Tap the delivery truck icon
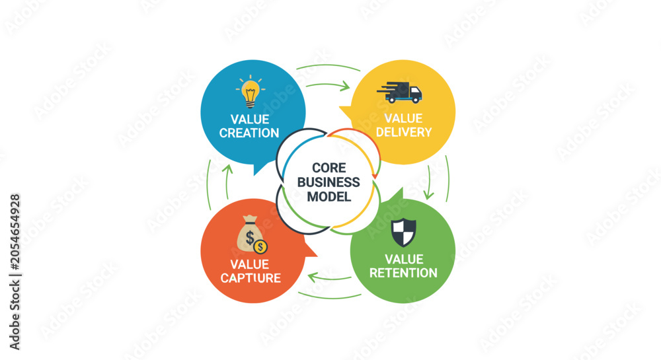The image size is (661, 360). coord(400,92)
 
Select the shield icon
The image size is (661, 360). coord(403,232)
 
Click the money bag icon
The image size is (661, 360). coord(252,234)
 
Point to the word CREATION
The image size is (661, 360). coord(249,133)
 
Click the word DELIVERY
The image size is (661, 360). coord(404,132)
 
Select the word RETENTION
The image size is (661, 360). coord(403,273)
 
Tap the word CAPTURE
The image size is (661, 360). coord(251,278)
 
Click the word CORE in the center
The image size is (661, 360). coord(329,168)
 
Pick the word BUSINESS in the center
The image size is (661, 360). coord(329,182)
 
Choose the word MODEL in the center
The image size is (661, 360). coord(329,197)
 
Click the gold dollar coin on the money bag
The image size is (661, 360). coord(260,247)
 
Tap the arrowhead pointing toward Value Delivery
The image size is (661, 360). coord(345,86)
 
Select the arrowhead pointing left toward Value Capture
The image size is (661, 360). coord(313,277)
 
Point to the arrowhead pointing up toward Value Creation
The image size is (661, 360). coord(227,169)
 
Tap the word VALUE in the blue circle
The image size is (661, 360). coord(250,119)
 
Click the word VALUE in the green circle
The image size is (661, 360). coord(404,259)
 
